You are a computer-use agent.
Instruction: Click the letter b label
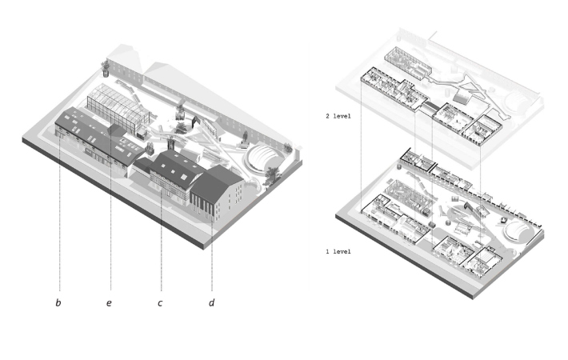pos(58,303)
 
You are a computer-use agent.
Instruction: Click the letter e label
pos(109,303)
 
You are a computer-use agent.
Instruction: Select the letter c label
pos(160,303)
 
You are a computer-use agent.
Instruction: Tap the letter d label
pos(212,303)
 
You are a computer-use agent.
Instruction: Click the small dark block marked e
pos(116,130)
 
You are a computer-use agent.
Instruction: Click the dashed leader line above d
pos(212,256)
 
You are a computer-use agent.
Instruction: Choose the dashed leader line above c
pos(162,240)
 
